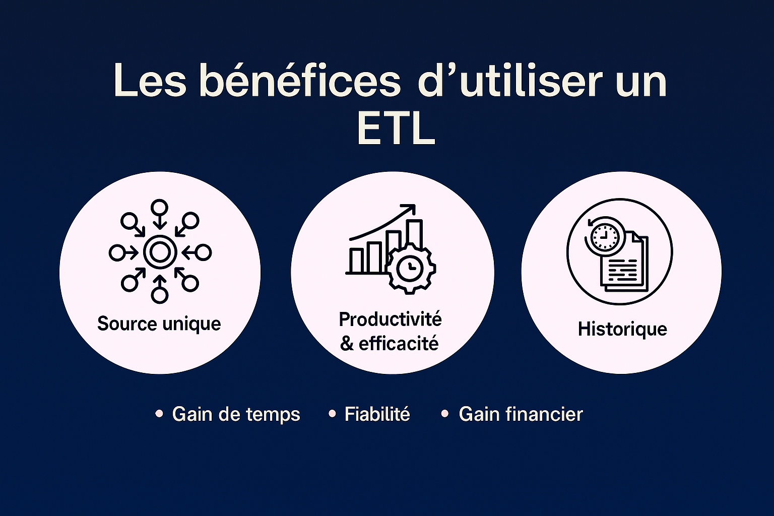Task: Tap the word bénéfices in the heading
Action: click(x=299, y=82)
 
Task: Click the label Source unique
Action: click(x=159, y=324)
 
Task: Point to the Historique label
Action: click(x=622, y=329)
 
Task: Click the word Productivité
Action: click(x=390, y=319)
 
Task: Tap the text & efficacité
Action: click(x=389, y=344)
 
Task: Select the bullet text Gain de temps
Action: click(x=236, y=414)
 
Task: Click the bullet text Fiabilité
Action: click(x=377, y=414)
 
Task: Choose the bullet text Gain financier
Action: click(x=521, y=414)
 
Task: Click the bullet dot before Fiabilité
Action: click(x=332, y=414)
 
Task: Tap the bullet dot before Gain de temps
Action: click(x=159, y=414)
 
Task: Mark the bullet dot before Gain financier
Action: click(x=444, y=414)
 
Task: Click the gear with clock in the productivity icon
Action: click(x=411, y=268)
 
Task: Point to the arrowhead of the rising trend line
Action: click(x=411, y=208)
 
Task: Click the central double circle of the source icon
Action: click(x=160, y=252)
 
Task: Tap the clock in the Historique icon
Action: click(x=604, y=235)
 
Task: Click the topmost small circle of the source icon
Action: click(x=160, y=207)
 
